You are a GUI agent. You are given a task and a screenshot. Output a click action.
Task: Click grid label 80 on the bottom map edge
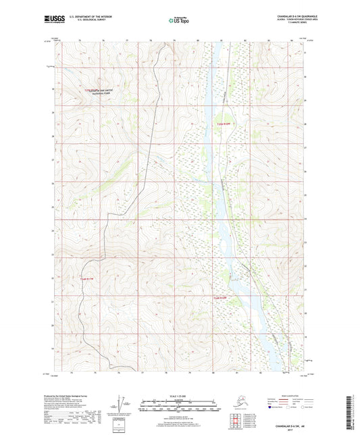tap(213, 372)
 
